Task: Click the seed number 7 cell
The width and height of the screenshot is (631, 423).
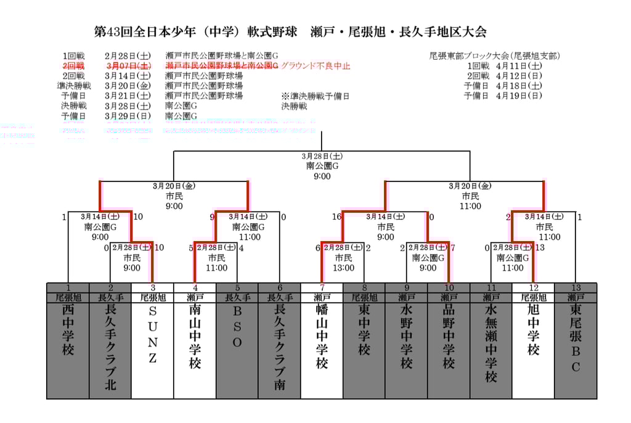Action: coord(322,287)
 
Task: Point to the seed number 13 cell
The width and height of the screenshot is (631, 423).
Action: coord(576,287)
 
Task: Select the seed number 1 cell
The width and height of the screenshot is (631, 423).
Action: coord(68,287)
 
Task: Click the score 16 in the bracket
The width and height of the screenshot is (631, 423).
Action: coord(336,216)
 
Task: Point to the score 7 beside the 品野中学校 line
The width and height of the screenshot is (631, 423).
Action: coord(453,248)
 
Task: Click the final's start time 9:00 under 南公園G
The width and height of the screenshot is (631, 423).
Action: coord(322,176)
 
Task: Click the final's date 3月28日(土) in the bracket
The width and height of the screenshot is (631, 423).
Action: coord(322,156)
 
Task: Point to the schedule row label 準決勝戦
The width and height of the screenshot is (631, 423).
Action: coord(74,86)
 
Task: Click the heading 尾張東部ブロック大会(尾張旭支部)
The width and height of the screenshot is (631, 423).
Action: coord(495,55)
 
